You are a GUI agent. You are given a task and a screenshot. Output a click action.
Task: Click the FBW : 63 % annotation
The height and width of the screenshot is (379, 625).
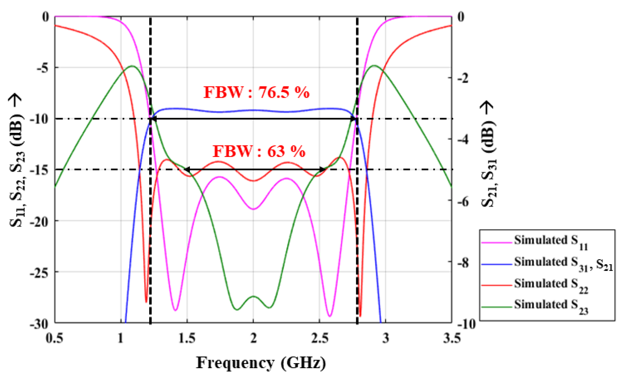tap(259, 151)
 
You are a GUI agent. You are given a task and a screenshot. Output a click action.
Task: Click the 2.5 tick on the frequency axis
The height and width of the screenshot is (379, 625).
tap(320, 338)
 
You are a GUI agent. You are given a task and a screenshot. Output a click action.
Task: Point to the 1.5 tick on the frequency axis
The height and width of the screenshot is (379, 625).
tap(187, 338)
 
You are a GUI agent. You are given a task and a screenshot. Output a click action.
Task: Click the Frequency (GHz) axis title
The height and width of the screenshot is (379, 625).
tap(261, 363)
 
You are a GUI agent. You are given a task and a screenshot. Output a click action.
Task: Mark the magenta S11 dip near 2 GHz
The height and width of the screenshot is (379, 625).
tap(253, 209)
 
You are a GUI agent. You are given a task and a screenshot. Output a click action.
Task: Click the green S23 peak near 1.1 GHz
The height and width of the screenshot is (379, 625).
tap(132, 66)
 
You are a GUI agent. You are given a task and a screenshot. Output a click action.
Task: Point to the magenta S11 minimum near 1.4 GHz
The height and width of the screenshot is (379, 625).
tap(175, 310)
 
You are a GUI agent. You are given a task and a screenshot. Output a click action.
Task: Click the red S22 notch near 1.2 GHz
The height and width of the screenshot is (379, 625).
tap(146, 302)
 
